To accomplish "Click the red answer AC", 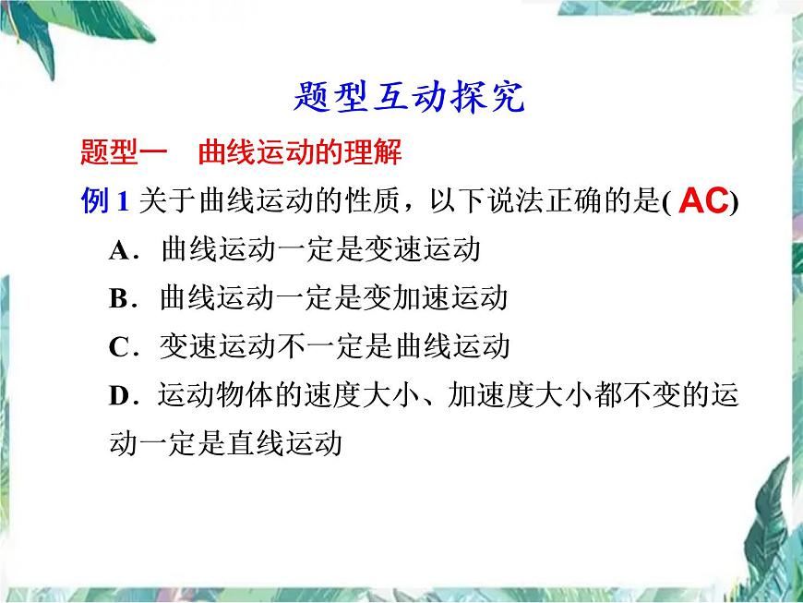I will pos(703,202).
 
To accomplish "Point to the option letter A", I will pos(117,251).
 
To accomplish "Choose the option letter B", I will pos(117,299).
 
